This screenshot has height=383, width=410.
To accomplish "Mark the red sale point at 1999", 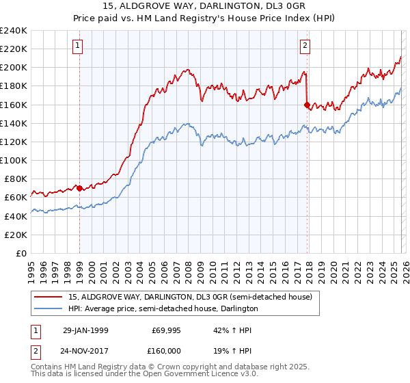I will pyautogui.click(x=80, y=188).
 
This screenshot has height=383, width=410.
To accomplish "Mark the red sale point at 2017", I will pyautogui.click(x=307, y=105).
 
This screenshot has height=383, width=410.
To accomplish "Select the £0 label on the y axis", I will pyautogui.click(x=22, y=253).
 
